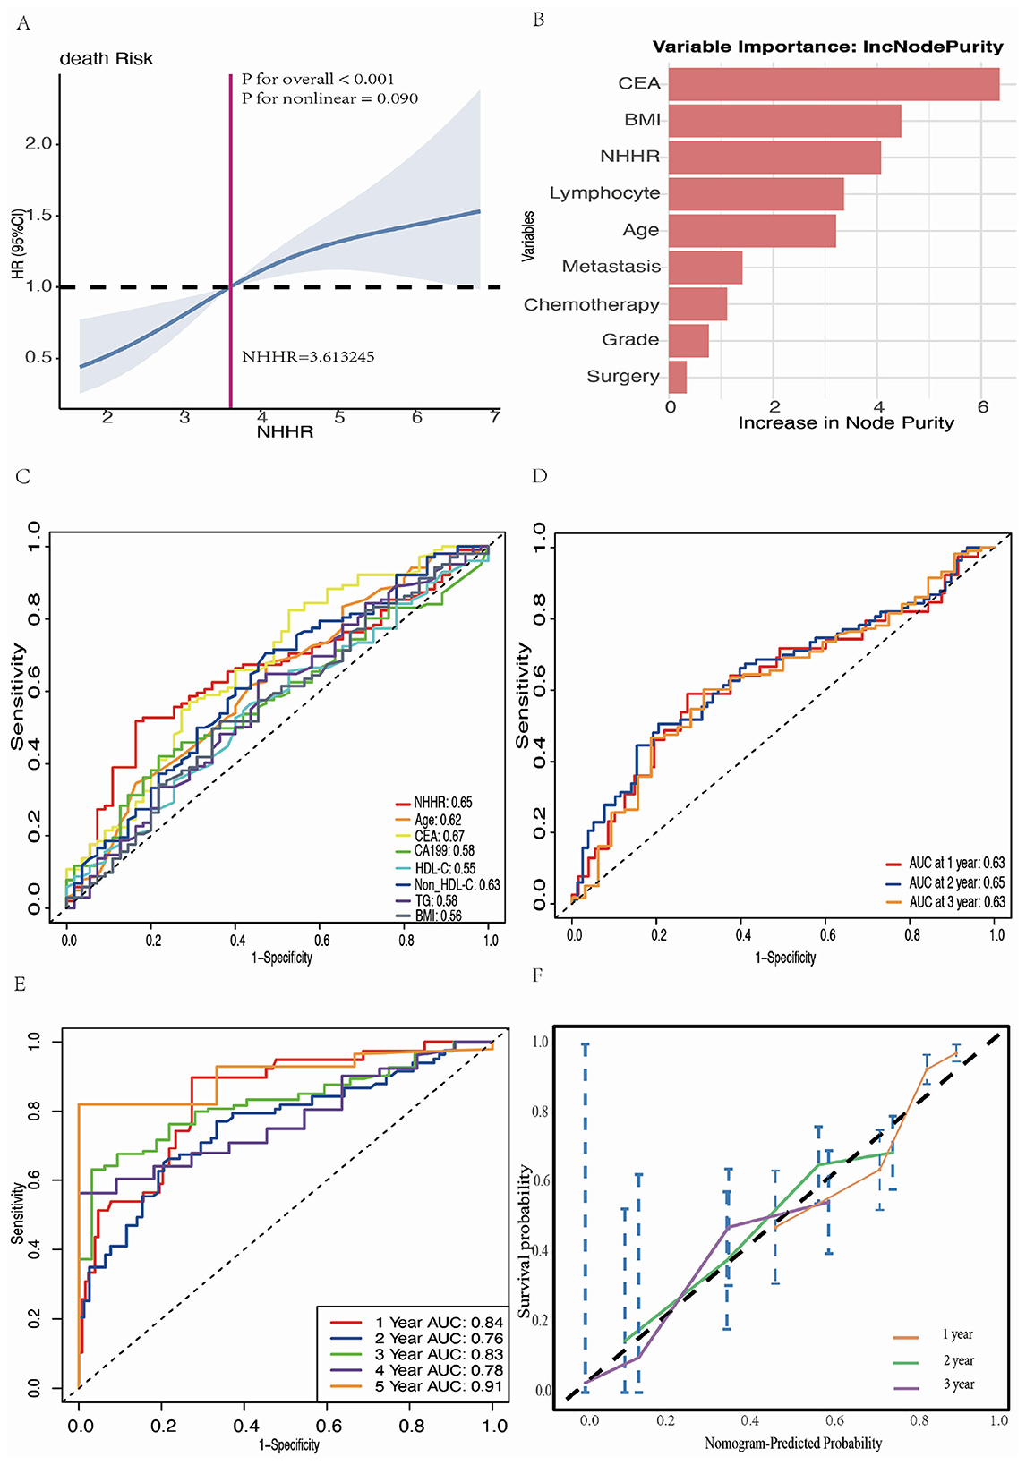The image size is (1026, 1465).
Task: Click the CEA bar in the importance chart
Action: (x=833, y=84)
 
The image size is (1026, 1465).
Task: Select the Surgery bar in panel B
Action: (x=678, y=377)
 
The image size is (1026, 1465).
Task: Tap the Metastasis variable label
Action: (x=611, y=267)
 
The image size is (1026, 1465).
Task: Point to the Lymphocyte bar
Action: (x=756, y=193)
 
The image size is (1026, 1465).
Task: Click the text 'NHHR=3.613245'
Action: (x=308, y=357)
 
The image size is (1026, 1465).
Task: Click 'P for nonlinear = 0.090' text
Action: (x=329, y=98)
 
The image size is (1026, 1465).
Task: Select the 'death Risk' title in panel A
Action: (x=107, y=59)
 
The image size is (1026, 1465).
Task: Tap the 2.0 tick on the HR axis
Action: (x=38, y=143)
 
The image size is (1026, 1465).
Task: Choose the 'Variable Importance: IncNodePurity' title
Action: (x=827, y=47)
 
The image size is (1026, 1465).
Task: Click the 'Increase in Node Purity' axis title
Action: (x=845, y=423)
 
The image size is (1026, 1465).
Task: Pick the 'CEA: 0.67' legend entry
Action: (x=439, y=836)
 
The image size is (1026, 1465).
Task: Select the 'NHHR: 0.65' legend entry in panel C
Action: (x=442, y=803)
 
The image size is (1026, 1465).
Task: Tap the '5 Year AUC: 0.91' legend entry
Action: (x=439, y=1386)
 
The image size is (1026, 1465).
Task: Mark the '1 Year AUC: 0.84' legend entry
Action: (x=439, y=1322)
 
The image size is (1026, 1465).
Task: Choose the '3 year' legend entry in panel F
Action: (x=958, y=1384)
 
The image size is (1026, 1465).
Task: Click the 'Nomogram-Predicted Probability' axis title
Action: (x=792, y=1444)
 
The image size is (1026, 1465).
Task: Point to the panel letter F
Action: (x=538, y=975)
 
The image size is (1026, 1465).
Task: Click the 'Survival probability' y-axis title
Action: (x=526, y=1240)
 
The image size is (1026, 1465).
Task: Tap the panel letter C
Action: (x=23, y=476)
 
